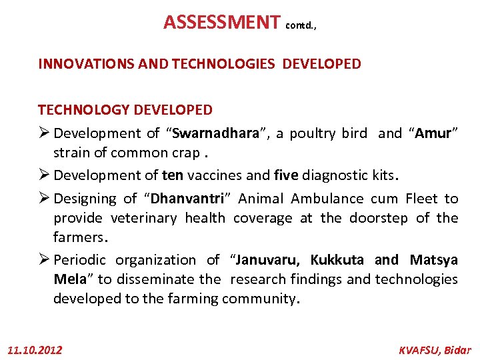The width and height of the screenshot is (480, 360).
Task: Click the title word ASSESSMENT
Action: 222,23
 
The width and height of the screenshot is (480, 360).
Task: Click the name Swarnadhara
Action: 215,133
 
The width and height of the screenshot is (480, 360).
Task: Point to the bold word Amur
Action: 434,133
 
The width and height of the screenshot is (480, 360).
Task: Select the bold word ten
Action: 171,175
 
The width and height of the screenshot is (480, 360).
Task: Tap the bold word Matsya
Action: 433,260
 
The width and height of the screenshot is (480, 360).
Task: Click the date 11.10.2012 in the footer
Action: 34,349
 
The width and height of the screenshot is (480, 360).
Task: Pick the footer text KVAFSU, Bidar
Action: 434,349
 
